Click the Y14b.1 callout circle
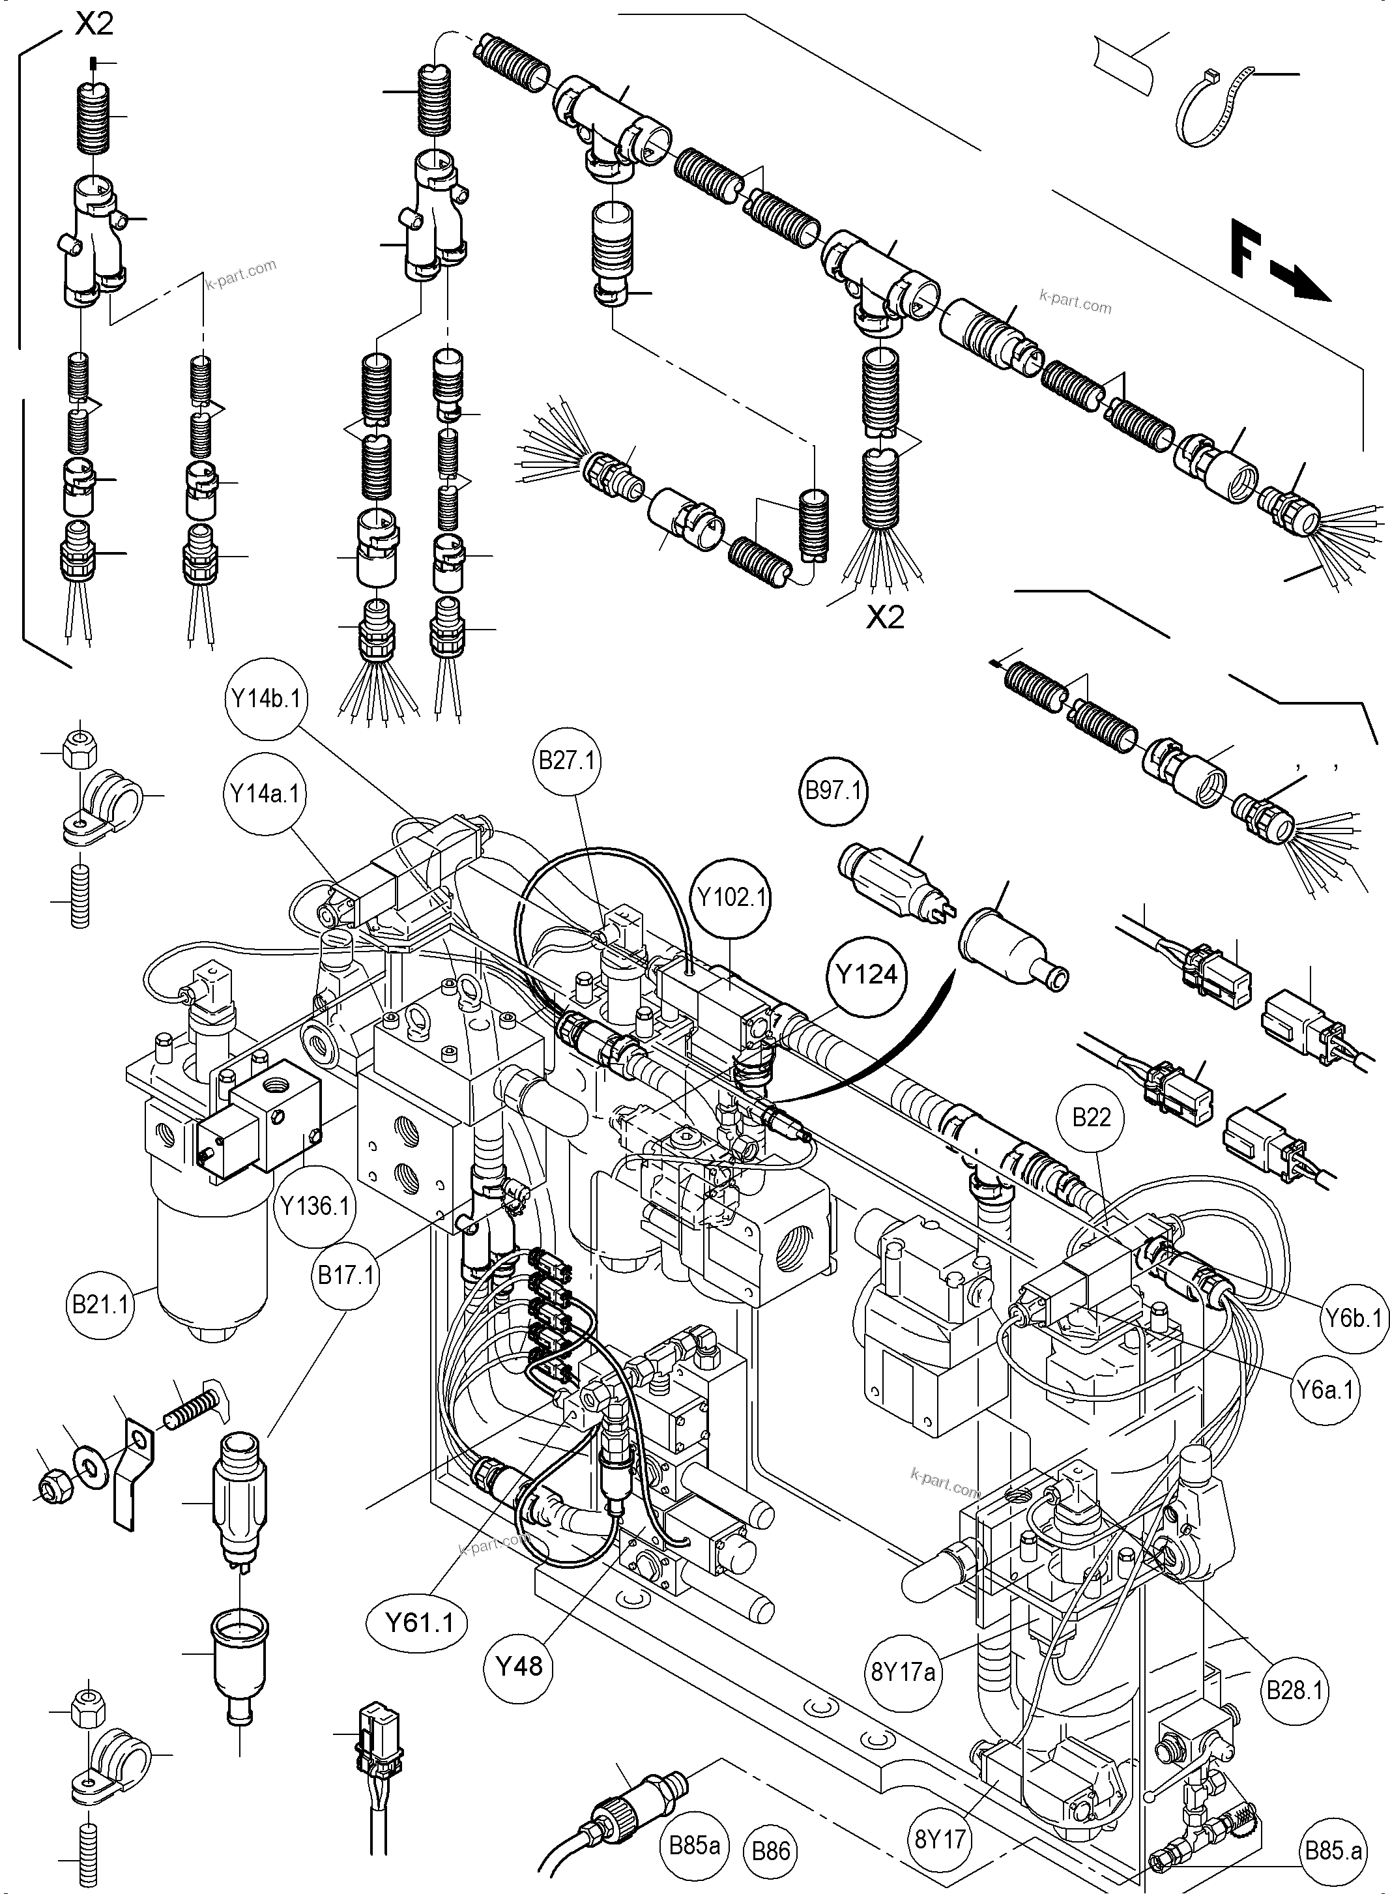[267, 699]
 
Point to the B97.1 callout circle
[834, 791]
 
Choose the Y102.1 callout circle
[732, 897]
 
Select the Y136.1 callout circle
[315, 1205]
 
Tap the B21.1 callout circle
[101, 1305]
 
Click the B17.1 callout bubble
[345, 1275]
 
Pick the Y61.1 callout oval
[418, 1622]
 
